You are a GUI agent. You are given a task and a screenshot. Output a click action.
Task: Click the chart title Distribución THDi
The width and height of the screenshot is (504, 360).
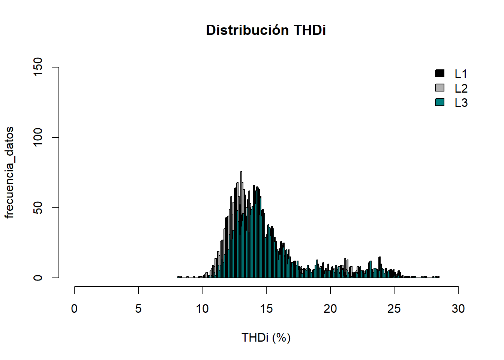[x=266, y=30]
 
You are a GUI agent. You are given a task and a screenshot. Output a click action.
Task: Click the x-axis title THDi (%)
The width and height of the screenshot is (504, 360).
[x=266, y=337]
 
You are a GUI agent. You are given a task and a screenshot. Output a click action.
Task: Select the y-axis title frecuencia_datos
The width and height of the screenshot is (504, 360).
[x=9, y=172]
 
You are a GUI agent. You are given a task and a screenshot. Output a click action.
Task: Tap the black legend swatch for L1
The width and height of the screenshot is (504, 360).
[x=439, y=73]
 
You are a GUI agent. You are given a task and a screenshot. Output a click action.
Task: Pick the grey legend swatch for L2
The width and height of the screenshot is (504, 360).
[x=439, y=88]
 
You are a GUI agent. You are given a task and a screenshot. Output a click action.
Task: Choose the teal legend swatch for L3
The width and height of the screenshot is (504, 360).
[x=439, y=102]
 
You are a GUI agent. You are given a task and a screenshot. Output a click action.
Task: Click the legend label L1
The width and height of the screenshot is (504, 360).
[x=461, y=74]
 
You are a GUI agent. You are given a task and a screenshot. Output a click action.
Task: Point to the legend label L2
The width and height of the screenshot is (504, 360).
[x=461, y=88]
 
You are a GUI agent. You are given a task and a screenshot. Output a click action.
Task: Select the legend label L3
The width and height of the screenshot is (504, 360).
[x=461, y=103]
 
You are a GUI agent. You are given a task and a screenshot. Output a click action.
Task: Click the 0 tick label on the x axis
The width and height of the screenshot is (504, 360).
[x=74, y=309]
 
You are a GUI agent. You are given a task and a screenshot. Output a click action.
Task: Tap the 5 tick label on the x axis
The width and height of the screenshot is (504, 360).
[x=138, y=309]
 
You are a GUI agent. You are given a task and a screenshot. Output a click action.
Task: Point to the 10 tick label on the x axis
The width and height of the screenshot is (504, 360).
[x=202, y=309]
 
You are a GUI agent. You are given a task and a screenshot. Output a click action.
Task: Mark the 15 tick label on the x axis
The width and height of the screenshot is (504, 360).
[x=266, y=309]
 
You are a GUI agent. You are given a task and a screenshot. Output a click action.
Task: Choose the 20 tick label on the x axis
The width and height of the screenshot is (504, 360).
[x=330, y=309]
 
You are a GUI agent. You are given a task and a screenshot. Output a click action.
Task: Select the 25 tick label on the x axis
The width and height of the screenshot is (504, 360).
[x=394, y=309]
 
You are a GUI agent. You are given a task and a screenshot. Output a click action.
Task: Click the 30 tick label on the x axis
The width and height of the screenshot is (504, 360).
[x=458, y=309]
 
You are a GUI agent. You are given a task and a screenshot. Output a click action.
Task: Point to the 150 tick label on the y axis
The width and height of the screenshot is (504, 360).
[x=38, y=67]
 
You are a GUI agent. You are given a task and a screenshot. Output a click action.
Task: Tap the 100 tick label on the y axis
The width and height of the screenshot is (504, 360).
[x=38, y=138]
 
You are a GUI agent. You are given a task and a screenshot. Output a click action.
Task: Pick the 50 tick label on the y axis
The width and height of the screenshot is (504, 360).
[x=38, y=208]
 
